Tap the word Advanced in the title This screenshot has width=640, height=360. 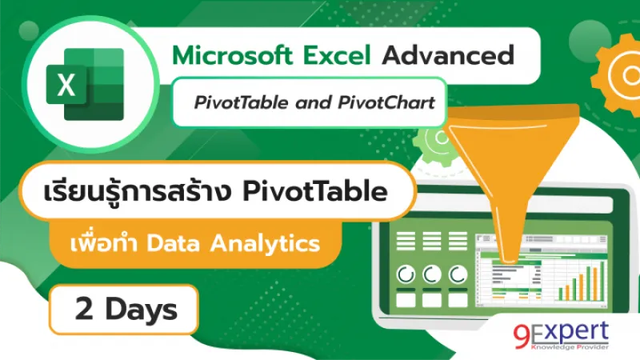pos(447,56)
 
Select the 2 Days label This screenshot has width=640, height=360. pos(121,309)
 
